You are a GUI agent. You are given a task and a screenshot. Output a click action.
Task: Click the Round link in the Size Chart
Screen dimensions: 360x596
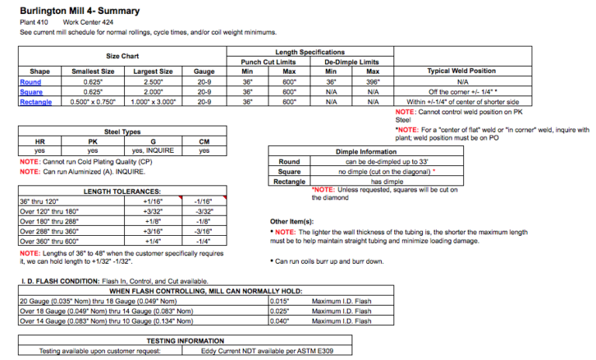(x=31, y=81)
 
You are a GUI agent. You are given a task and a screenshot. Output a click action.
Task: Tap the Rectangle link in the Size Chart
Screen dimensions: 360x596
(x=36, y=102)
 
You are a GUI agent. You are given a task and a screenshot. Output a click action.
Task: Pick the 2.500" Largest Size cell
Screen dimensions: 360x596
(x=153, y=81)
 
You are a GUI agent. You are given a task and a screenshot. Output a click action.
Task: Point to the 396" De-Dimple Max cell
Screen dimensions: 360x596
(x=372, y=81)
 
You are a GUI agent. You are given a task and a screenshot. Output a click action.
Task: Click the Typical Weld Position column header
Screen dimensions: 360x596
(x=462, y=71)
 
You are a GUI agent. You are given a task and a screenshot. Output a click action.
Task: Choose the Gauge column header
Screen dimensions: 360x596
(x=205, y=71)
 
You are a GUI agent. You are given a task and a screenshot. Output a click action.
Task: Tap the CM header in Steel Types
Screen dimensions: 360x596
(x=203, y=141)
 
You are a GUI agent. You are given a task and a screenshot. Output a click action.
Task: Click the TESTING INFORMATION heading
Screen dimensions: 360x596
(x=185, y=341)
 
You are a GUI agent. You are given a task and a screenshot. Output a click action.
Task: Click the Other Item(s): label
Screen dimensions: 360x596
(x=290, y=221)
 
